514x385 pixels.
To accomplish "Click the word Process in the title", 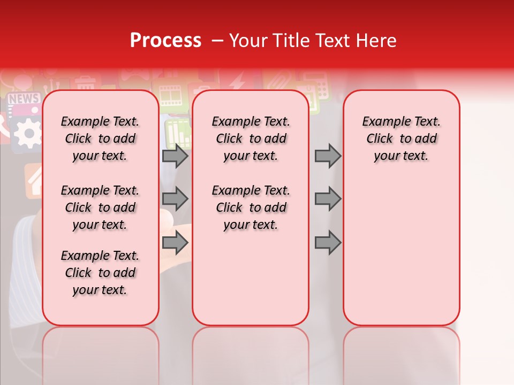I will click(x=165, y=40).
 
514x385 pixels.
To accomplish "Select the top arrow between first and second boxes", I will click(x=175, y=156).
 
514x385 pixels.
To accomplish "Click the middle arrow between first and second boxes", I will click(x=175, y=199).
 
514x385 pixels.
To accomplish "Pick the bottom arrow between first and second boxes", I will click(x=175, y=243).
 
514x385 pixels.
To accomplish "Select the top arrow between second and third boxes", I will click(x=328, y=156).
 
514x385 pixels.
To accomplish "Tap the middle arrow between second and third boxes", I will click(x=328, y=199).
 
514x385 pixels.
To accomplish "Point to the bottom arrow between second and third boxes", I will click(x=328, y=243).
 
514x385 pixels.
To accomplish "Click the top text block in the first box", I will click(x=100, y=138).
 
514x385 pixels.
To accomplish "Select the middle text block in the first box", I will click(x=100, y=207).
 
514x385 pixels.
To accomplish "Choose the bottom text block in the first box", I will click(x=100, y=273).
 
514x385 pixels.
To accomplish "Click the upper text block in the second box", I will click(x=251, y=138).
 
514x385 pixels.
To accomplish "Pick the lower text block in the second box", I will click(x=251, y=207).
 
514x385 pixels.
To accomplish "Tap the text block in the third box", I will click(x=402, y=138).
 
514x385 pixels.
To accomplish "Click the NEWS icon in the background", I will click(x=24, y=99).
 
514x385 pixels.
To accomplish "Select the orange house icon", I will click(x=33, y=179).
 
